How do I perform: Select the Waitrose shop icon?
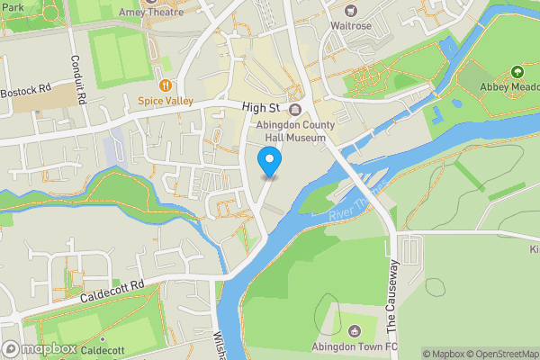pyautogui.click(x=349, y=11)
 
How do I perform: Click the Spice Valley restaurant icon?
pyautogui.click(x=165, y=85)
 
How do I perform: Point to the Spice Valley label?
pyautogui.click(x=165, y=102)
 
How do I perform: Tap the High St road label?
pyautogui.click(x=264, y=106)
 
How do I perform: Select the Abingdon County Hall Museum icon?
pyautogui.click(x=294, y=108)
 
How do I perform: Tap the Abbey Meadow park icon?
pyautogui.click(x=517, y=71)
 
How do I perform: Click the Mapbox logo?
pyautogui.click(x=39, y=349)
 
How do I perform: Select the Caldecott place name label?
pyautogui.click(x=103, y=349)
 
